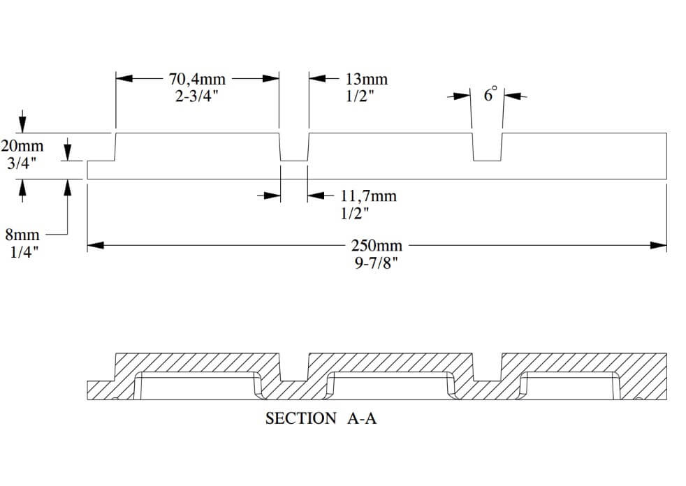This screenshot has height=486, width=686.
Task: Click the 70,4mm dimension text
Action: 196,79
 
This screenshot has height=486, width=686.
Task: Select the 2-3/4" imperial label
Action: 196,96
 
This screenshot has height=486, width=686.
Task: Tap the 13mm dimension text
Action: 366,79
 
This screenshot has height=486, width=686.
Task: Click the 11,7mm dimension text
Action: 368,196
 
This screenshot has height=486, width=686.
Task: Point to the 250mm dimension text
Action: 378,246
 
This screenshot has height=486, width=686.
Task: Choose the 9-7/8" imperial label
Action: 378,264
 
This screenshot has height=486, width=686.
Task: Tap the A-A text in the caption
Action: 361,419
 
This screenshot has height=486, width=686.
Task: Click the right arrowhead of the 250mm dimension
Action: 659,245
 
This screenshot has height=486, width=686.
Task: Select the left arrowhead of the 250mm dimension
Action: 96,245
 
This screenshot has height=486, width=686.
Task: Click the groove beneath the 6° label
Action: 488,147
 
